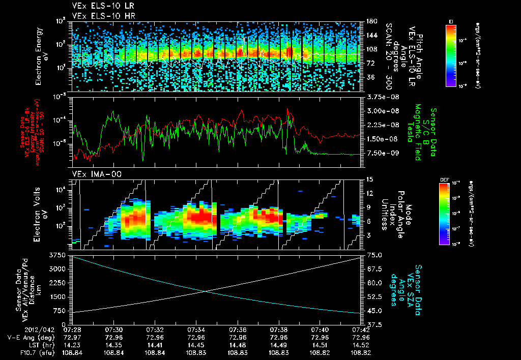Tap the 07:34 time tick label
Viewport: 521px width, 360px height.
tap(196, 329)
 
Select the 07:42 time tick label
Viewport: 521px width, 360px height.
tap(360, 329)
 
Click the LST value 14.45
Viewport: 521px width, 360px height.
tap(196, 344)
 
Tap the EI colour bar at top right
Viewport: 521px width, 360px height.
tap(451, 55)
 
